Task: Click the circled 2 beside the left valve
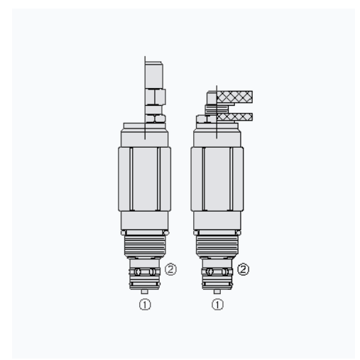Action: (170, 271)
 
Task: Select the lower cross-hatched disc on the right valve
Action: (236, 116)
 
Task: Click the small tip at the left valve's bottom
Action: (145, 290)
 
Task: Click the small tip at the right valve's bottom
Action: (219, 290)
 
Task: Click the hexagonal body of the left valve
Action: (145, 178)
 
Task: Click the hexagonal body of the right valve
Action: (219, 178)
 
